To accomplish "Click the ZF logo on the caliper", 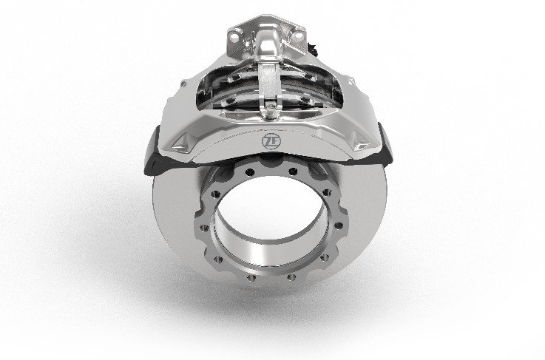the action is [x=271, y=141].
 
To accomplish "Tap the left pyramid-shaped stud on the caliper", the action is [x=183, y=143].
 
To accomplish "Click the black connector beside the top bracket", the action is [x=313, y=50].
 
